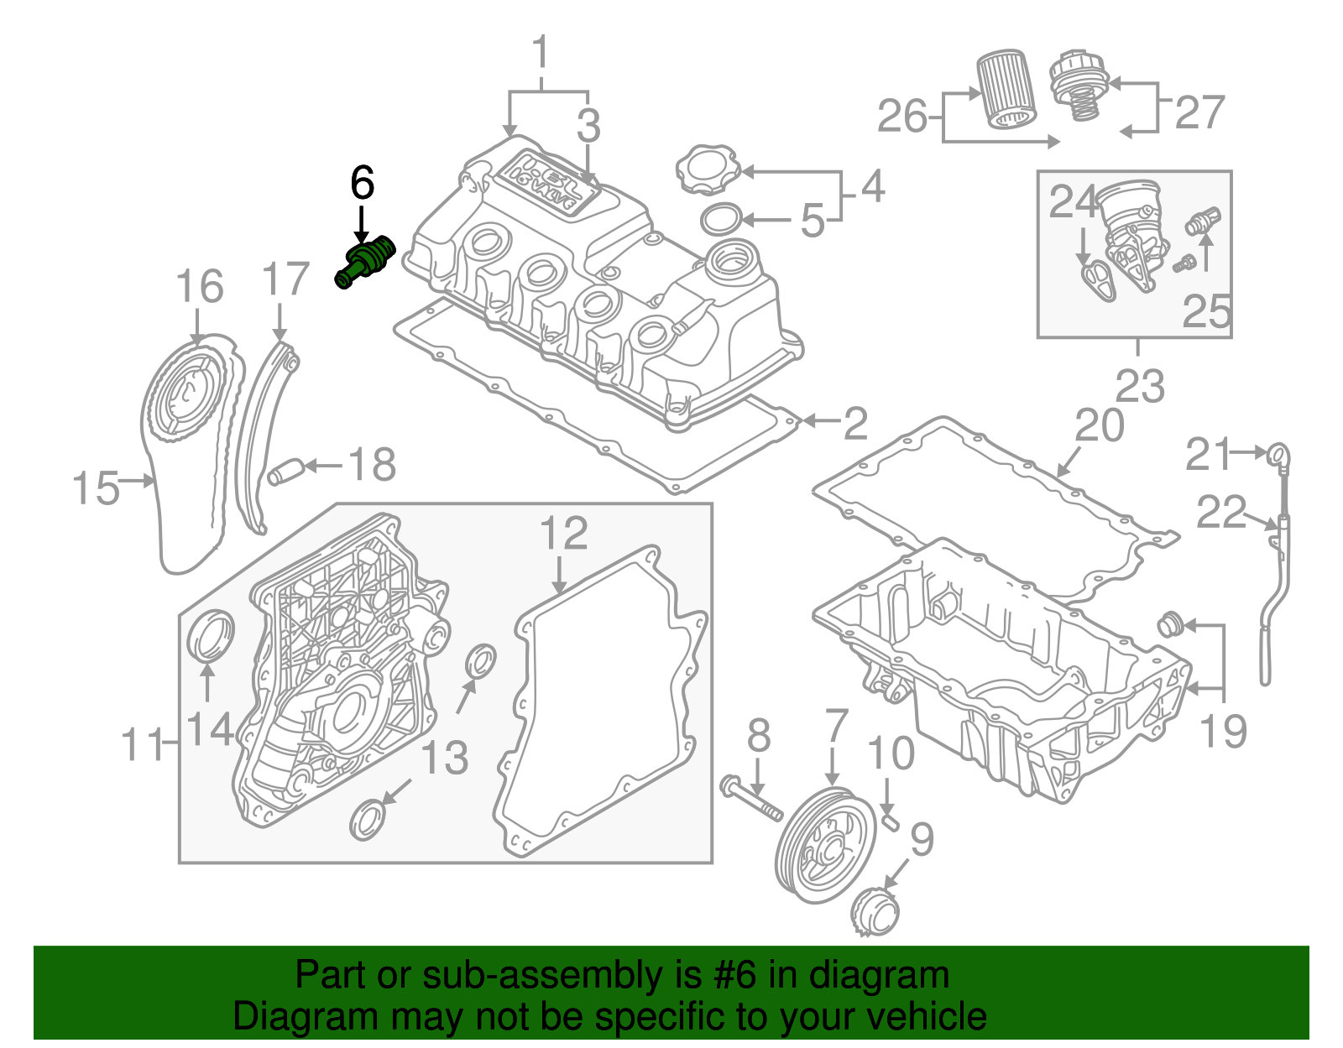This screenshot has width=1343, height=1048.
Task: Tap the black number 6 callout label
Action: [x=362, y=183]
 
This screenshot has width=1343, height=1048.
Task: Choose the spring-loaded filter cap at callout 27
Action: [x=1079, y=83]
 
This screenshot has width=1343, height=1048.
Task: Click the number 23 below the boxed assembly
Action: [x=1140, y=386]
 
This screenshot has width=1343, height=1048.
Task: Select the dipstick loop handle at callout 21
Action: [x=1278, y=454]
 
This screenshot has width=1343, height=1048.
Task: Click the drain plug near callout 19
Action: [x=1169, y=623]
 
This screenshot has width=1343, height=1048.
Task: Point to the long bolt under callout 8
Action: [x=752, y=799]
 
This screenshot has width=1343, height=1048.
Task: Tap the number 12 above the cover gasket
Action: [x=563, y=534]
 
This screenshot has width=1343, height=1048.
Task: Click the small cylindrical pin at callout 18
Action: [x=284, y=473]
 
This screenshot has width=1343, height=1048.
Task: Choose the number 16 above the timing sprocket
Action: [x=200, y=287]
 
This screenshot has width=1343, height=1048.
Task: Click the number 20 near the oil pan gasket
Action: [x=1099, y=426]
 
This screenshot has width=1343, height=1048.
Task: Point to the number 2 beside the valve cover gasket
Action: [x=854, y=424]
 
